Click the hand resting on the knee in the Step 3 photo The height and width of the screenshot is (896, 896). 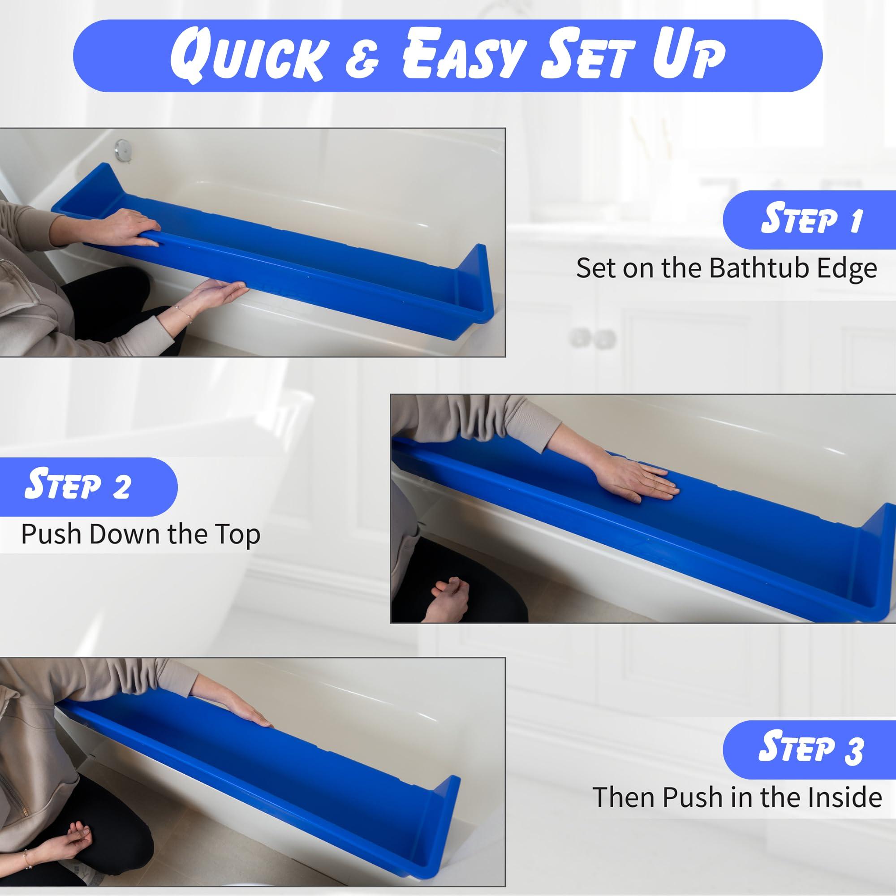[79, 835]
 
